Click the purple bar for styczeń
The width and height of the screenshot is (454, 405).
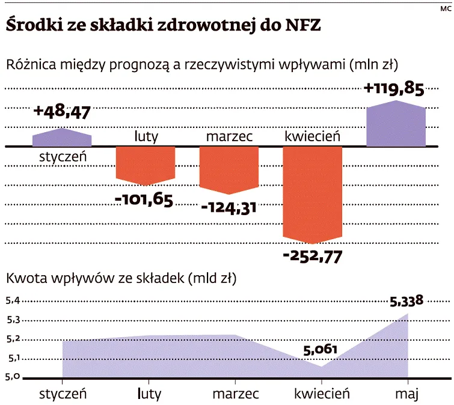point(62,138)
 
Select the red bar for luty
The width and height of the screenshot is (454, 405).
point(145,164)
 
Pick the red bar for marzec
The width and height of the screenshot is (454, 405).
point(229,169)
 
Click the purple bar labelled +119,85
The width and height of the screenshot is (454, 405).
point(396,124)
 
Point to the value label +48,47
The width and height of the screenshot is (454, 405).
point(61,112)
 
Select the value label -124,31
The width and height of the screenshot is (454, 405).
point(229,208)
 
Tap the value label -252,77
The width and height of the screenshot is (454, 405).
point(312,256)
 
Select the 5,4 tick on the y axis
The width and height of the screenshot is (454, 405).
point(13,301)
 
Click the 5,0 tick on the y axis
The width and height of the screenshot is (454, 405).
point(13,377)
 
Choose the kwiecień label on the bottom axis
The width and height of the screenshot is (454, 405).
point(322,394)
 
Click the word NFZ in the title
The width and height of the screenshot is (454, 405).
point(298,26)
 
